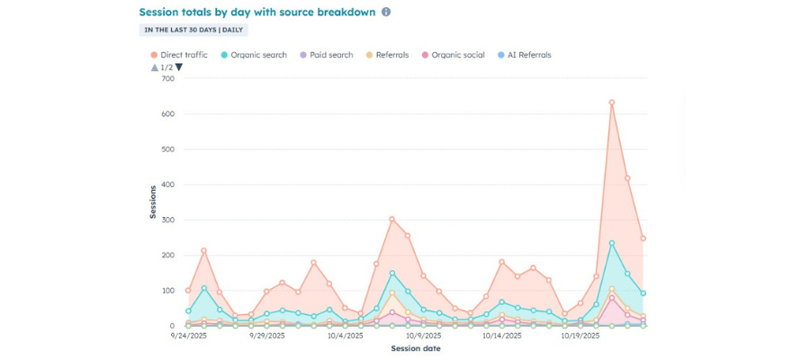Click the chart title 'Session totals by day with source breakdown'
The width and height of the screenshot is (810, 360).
256,13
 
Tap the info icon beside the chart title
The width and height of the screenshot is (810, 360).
386,13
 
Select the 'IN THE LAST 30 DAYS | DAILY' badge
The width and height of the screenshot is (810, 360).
194,30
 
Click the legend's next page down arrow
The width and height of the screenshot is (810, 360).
179,67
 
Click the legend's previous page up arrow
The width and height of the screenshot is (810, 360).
155,67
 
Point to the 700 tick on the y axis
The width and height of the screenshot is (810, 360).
167,79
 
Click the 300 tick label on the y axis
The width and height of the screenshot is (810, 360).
167,220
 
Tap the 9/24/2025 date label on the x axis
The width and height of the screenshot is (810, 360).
189,337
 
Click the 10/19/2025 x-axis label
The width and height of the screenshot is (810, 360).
580,337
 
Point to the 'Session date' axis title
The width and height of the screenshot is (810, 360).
416,348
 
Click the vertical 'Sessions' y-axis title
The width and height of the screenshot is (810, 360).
152,202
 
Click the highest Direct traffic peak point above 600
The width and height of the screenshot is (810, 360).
612,103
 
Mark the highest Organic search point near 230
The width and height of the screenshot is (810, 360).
612,243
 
